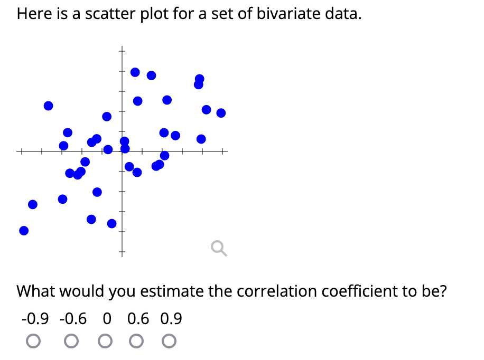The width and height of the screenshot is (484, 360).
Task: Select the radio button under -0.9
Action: click(x=33, y=342)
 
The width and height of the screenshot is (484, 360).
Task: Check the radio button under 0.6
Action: click(x=138, y=342)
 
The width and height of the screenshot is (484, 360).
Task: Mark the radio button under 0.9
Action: click(x=170, y=342)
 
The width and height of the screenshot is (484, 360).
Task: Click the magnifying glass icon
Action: click(x=218, y=248)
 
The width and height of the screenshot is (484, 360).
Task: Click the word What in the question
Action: click(x=38, y=291)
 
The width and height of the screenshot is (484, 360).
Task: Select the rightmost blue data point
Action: click(x=221, y=112)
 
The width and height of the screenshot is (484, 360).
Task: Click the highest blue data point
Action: click(x=135, y=72)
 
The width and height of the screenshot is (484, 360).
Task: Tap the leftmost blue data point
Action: click(x=23, y=231)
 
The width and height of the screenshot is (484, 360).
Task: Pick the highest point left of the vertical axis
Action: click(x=48, y=106)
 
